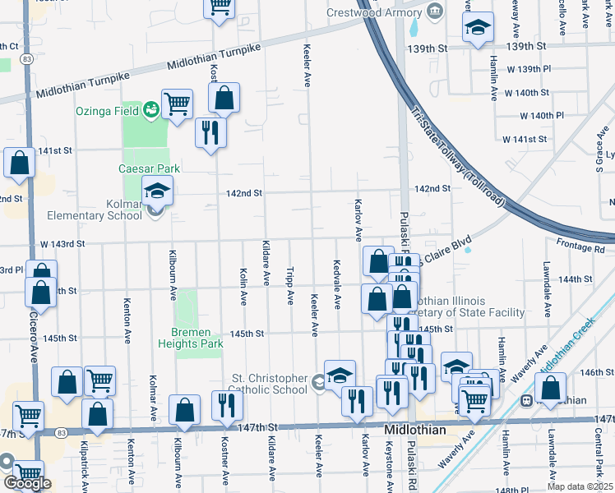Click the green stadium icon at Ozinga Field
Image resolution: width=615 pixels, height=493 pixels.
(150, 109)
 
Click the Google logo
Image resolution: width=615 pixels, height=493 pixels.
(27, 482)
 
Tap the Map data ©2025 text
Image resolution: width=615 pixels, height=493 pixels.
(580, 486)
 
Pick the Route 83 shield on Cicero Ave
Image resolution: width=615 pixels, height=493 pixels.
(27, 59)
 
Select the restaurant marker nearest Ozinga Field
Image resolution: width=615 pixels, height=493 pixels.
(210, 131)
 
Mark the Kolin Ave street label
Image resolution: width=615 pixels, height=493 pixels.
(244, 285)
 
